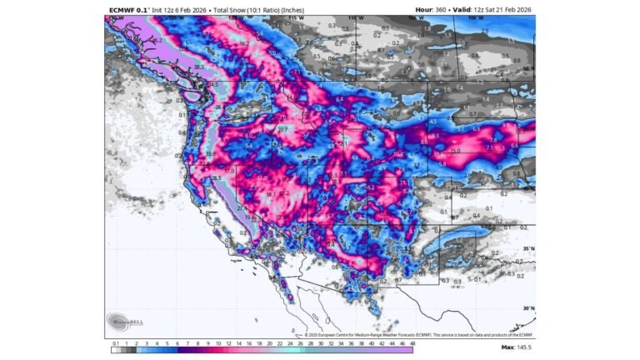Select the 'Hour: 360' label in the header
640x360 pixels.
tap(434, 10)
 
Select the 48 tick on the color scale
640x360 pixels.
tap(412, 342)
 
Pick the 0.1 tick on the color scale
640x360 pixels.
tap(114, 342)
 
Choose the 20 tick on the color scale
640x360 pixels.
tap(270, 342)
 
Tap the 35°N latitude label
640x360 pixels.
tap(527, 249)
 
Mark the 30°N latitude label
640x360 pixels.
tap(527, 307)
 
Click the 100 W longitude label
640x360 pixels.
tap(475, 17)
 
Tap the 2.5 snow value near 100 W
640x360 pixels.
tap(486, 31)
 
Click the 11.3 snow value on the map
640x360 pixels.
tap(500, 147)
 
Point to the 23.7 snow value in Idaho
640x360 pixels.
tap(282, 130)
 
